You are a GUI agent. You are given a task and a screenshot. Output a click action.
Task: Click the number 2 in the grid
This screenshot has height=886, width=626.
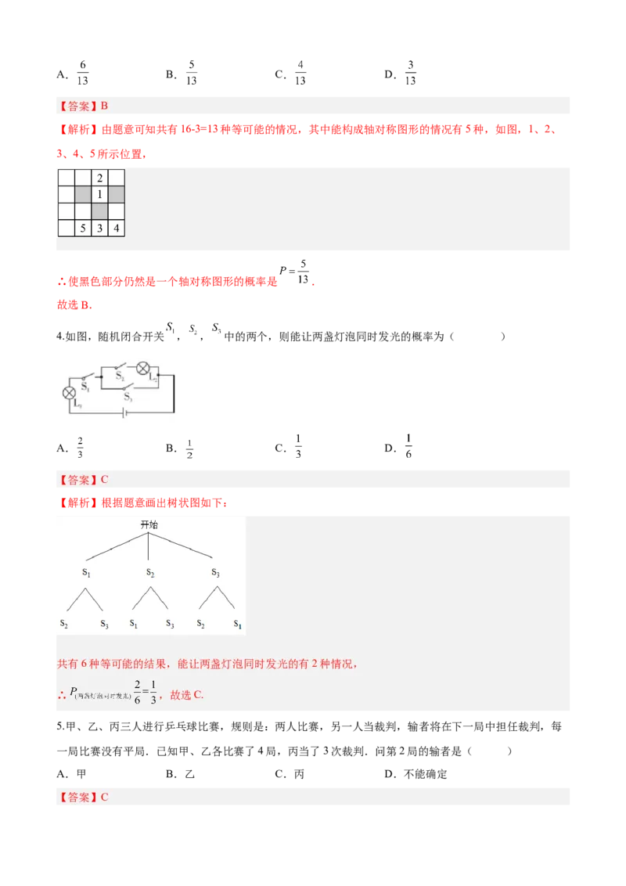pyautogui.click(x=100, y=178)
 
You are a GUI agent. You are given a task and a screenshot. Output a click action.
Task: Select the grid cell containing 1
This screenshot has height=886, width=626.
pyautogui.click(x=100, y=194)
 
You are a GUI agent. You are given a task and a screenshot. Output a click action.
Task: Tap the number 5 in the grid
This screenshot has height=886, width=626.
pyautogui.click(x=83, y=229)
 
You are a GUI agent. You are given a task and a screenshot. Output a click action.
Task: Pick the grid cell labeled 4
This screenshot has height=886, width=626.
pyautogui.click(x=117, y=229)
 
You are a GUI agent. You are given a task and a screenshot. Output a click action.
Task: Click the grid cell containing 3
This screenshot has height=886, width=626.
pyautogui.click(x=100, y=229)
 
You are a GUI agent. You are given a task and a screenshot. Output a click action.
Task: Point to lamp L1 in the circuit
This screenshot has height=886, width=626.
pyautogui.click(x=69, y=392)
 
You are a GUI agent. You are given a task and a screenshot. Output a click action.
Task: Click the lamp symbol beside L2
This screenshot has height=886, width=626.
pyautogui.click(x=143, y=369)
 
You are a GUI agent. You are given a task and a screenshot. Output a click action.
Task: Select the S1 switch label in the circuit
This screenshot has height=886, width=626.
pyautogui.click(x=85, y=387)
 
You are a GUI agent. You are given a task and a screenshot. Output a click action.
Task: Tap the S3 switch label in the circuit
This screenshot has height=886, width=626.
pyautogui.click(x=128, y=398)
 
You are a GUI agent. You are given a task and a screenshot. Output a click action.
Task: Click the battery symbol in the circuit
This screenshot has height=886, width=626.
pyautogui.click(x=124, y=413)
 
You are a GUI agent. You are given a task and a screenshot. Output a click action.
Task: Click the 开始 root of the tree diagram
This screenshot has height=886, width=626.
pyautogui.click(x=149, y=524)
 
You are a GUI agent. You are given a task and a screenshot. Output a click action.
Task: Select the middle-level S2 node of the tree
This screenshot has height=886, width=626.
pyautogui.click(x=149, y=573)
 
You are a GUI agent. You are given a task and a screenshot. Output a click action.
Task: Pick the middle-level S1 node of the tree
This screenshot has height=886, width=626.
pyautogui.click(x=86, y=573)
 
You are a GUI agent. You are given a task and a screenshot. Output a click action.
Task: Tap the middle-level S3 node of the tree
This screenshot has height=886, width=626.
pyautogui.click(x=215, y=573)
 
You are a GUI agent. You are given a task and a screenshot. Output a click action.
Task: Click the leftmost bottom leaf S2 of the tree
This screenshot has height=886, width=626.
pyautogui.click(x=64, y=624)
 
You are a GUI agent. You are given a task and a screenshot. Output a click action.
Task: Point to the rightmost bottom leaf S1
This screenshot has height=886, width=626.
pyautogui.click(x=237, y=624)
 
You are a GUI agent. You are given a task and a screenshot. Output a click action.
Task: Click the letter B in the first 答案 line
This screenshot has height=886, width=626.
pyautogui.click(x=104, y=106)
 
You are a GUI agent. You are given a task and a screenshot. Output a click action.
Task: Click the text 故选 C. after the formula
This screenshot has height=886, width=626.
pyautogui.click(x=186, y=694)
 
